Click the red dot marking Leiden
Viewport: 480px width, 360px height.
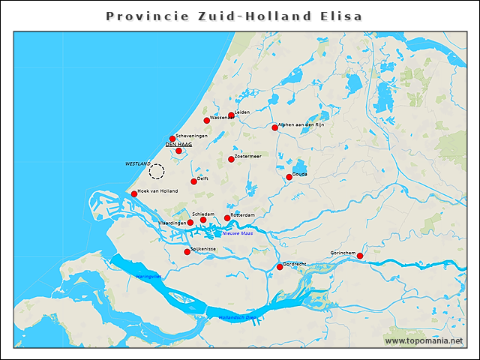pyautogui.click(x=231, y=115)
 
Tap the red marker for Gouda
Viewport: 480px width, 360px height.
pyautogui.click(x=289, y=178)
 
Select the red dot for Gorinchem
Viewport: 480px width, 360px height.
pyautogui.click(x=360, y=256)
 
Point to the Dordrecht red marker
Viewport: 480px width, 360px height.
pyautogui.click(x=280, y=267)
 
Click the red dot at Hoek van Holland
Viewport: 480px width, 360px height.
pyautogui.click(x=134, y=194)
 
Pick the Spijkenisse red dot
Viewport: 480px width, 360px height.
pyautogui.click(x=187, y=252)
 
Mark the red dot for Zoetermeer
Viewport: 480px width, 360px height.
pyautogui.click(x=231, y=159)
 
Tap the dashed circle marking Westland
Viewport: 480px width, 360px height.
pyautogui.click(x=156, y=172)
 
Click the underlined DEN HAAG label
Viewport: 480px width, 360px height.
pyautogui.click(x=178, y=144)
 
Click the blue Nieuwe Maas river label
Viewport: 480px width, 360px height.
pyautogui.click(x=238, y=233)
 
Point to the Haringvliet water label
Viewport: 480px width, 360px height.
pyautogui.click(x=148, y=277)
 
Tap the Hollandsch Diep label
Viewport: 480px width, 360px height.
pyautogui.click(x=237, y=317)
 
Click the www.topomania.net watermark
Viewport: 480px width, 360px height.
pyautogui.click(x=424, y=340)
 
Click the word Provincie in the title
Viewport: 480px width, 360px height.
pyautogui.click(x=140, y=16)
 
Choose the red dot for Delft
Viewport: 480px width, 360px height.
pyautogui.click(x=193, y=181)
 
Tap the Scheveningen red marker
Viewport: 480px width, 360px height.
pyautogui.click(x=172, y=139)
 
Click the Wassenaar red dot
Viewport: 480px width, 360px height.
pyautogui.click(x=207, y=121)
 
